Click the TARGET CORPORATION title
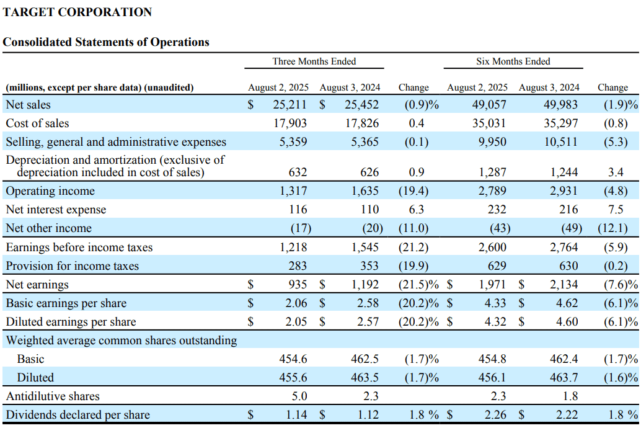click(x=77, y=12)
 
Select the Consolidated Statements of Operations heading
click(x=106, y=42)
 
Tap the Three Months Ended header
click(x=314, y=61)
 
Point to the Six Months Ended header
click(x=513, y=61)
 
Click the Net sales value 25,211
click(x=290, y=105)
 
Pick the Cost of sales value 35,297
click(x=560, y=123)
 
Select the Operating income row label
click(x=50, y=191)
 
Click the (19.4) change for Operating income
click(x=413, y=191)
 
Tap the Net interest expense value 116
click(x=298, y=210)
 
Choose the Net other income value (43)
click(x=500, y=228)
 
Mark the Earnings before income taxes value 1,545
click(x=365, y=247)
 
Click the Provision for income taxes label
click(x=73, y=266)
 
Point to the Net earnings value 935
click(x=298, y=284)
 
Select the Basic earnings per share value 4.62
click(x=567, y=303)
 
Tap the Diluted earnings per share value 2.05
click(x=296, y=321)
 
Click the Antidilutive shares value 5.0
click(x=299, y=396)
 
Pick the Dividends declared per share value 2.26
click(x=495, y=415)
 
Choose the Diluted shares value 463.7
click(x=564, y=377)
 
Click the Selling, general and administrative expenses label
click(x=116, y=142)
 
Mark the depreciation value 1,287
click(x=493, y=172)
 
